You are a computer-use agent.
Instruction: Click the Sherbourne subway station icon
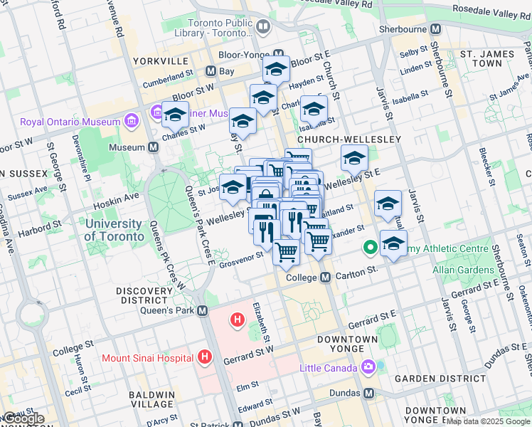click(x=436, y=29)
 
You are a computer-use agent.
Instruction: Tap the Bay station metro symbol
click(x=211, y=71)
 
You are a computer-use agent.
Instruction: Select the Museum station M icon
click(x=153, y=147)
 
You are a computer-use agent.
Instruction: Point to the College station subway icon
click(x=325, y=277)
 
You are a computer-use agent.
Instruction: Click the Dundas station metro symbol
click(x=368, y=393)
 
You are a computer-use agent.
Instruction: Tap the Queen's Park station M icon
click(x=203, y=310)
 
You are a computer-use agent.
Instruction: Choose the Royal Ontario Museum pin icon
click(x=130, y=121)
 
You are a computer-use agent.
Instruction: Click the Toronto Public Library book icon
click(x=263, y=27)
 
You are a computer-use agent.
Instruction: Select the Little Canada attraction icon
click(x=368, y=367)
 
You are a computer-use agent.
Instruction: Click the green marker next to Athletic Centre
click(x=370, y=248)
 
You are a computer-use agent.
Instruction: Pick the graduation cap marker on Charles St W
click(x=175, y=113)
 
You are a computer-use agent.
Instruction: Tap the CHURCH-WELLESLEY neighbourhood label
click(x=349, y=139)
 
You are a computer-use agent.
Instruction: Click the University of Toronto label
click(x=119, y=229)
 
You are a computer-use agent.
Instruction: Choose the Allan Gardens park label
click(x=464, y=270)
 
